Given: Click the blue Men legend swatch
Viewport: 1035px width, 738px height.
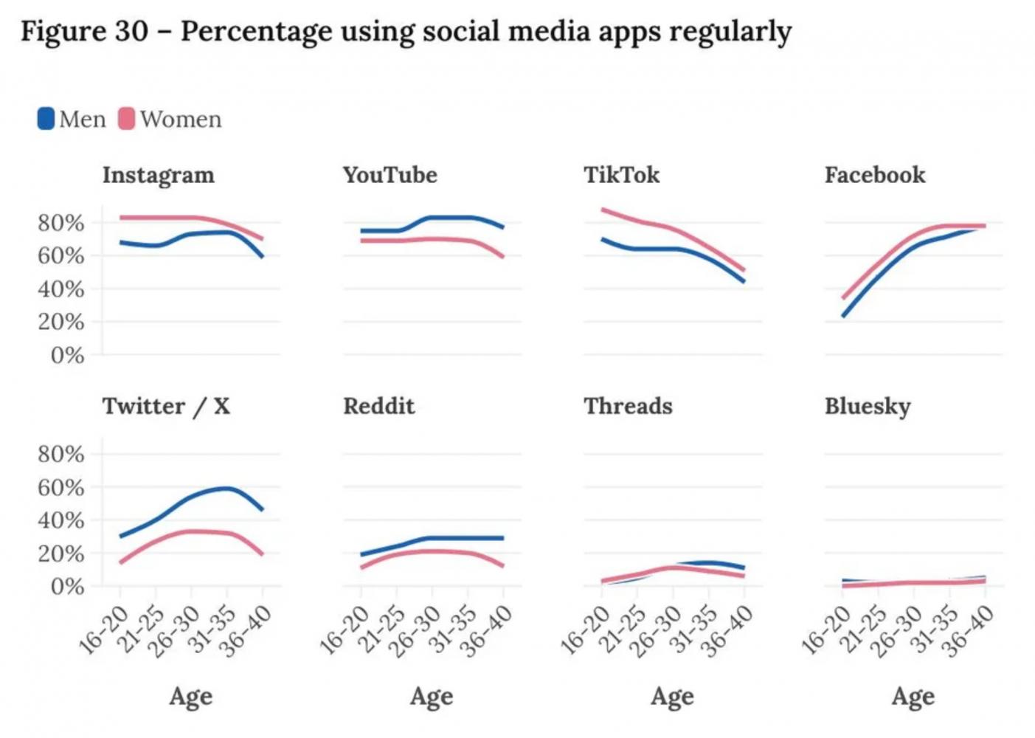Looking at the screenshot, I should [x=46, y=119].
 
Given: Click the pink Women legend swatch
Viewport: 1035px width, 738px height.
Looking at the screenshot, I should [x=127, y=119].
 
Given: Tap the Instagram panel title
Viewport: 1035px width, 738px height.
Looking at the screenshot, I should [x=158, y=175].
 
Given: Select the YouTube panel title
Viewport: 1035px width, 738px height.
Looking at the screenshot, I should [x=390, y=175].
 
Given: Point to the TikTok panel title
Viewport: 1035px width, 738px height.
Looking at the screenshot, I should [x=621, y=175].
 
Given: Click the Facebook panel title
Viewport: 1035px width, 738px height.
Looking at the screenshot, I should [x=874, y=175].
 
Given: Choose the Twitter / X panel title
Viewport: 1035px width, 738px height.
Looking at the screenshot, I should [x=166, y=406].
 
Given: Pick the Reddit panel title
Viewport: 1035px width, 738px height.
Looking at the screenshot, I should [x=378, y=406].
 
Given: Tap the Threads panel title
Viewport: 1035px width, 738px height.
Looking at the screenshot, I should [x=628, y=406].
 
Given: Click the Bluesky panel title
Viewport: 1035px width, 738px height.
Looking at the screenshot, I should [x=868, y=407].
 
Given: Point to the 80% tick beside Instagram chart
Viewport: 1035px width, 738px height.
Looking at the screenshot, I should [x=61, y=222].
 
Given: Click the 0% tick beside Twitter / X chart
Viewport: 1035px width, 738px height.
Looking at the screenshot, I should [x=67, y=587].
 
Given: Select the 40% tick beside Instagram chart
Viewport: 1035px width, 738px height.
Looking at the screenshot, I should [x=61, y=289].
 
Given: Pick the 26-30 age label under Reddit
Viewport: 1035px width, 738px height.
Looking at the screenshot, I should [x=415, y=631].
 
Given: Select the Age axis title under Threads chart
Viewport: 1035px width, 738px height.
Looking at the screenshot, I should [x=672, y=696].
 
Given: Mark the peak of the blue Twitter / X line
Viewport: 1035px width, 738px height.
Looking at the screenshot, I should [x=226, y=488].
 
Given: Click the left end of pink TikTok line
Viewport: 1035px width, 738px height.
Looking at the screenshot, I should [x=603, y=210].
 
